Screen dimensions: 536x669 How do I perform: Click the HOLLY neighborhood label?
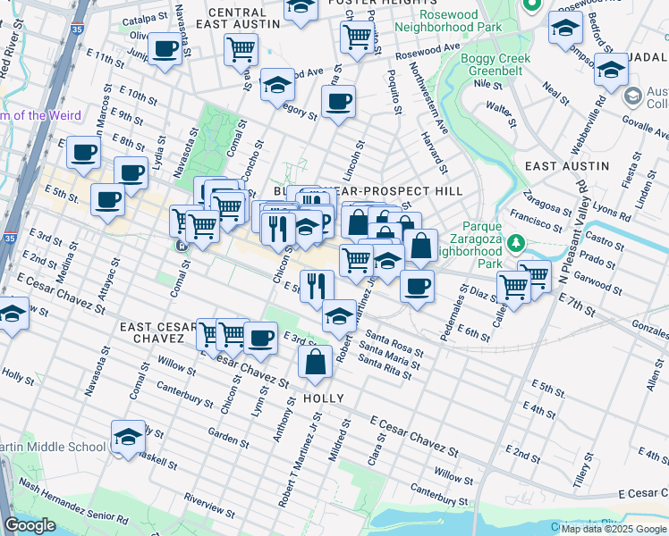pyautogui.click(x=324, y=398)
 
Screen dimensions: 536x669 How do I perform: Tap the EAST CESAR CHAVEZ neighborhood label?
pyautogui.click(x=158, y=333)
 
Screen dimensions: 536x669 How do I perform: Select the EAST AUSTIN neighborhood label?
pyautogui.click(x=566, y=166)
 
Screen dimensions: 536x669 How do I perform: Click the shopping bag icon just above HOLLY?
pyautogui.click(x=315, y=363)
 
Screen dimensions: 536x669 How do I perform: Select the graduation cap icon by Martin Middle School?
pyautogui.click(x=130, y=436)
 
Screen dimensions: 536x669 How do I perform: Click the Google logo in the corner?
pyautogui.click(x=30, y=526)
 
